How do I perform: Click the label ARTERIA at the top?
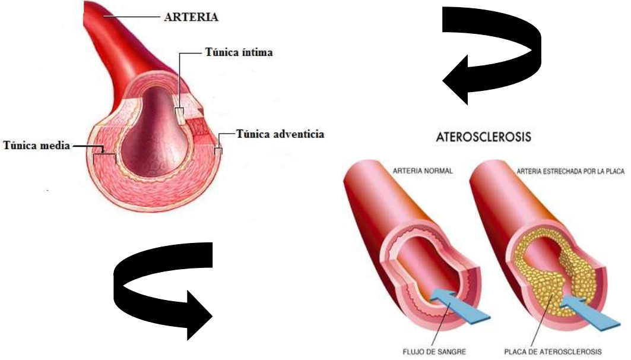(x=191, y=17)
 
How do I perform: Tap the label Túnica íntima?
(x=239, y=52)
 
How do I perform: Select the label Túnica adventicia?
(x=280, y=134)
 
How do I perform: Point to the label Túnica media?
(x=37, y=145)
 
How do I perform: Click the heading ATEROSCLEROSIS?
(x=483, y=137)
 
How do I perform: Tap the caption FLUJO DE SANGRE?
(x=434, y=352)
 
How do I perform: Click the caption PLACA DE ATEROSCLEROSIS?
(x=553, y=352)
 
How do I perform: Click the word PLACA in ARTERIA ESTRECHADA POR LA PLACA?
(x=616, y=171)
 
